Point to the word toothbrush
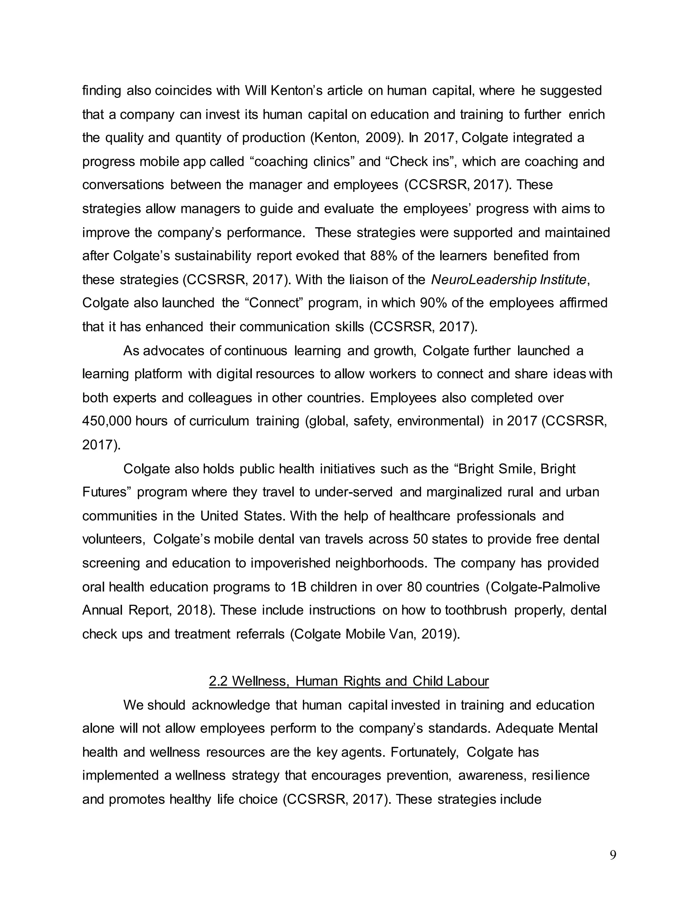(475, 610)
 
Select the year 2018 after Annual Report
(194, 610)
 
